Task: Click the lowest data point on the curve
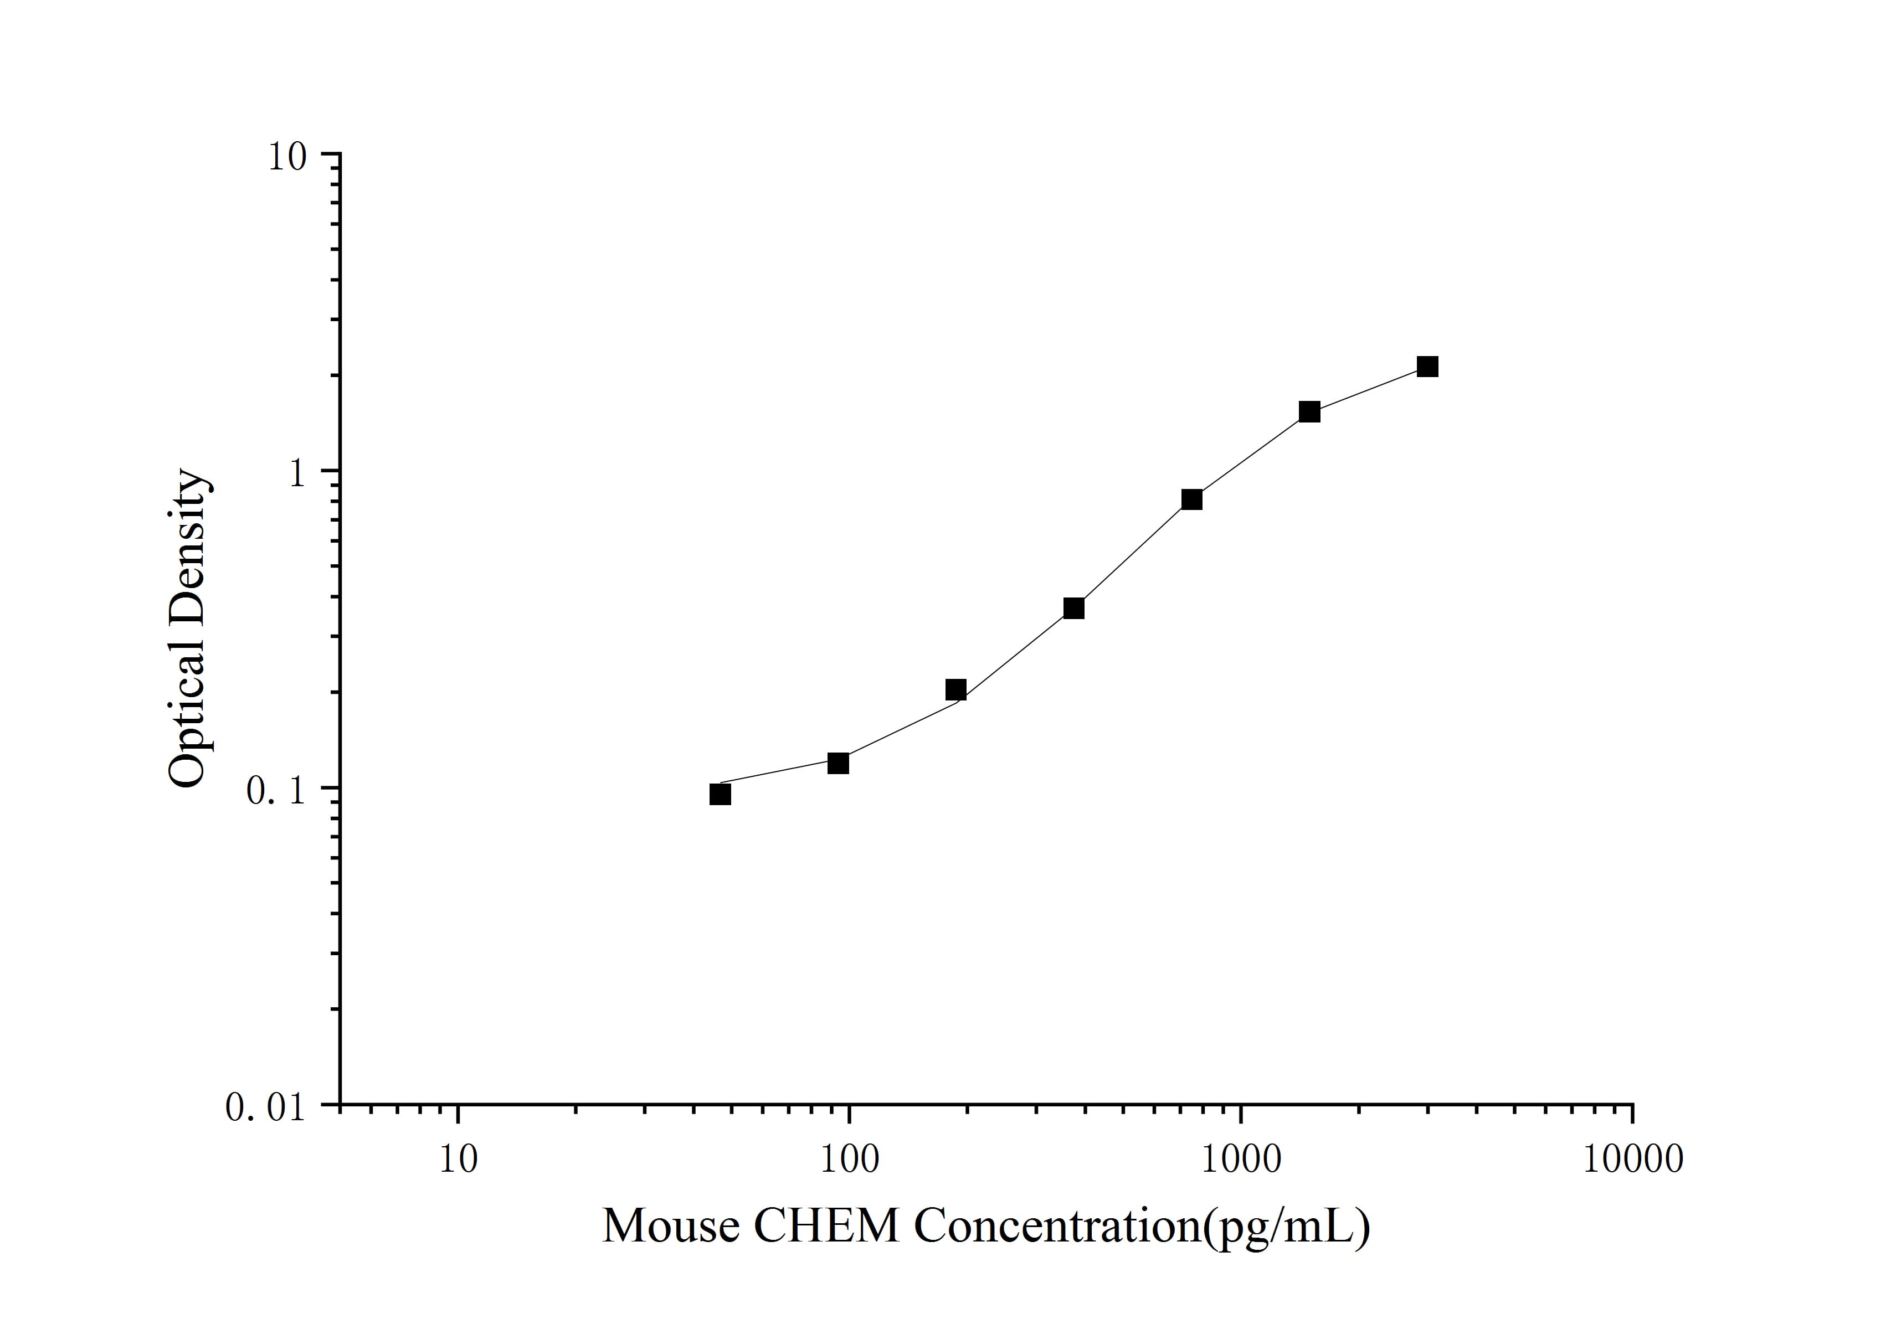[720, 794]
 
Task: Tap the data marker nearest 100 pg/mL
[838, 764]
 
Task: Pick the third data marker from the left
[956, 690]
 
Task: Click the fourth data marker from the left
[1073, 609]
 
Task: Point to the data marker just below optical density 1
[1191, 499]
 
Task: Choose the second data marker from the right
[1309, 412]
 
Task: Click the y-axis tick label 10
[286, 157]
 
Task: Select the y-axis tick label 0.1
[275, 791]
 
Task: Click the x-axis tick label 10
[458, 1159]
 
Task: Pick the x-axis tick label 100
[849, 1159]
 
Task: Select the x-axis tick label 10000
[1632, 1159]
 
